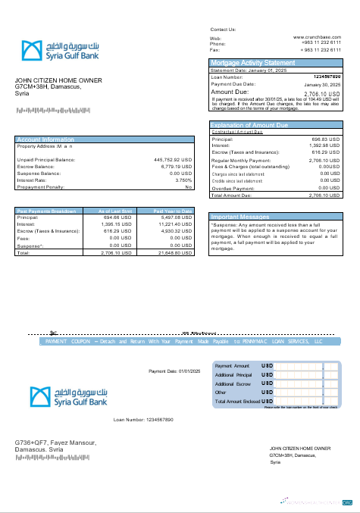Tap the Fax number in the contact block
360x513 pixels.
(x=322, y=49)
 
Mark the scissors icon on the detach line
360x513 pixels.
(x=53, y=333)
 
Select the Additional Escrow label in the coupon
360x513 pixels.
(x=233, y=383)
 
